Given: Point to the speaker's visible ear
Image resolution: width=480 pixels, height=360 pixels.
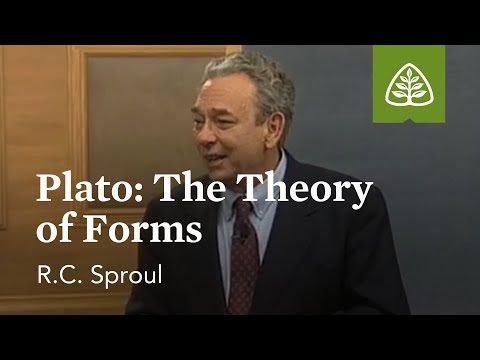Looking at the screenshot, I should click(x=283, y=114).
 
